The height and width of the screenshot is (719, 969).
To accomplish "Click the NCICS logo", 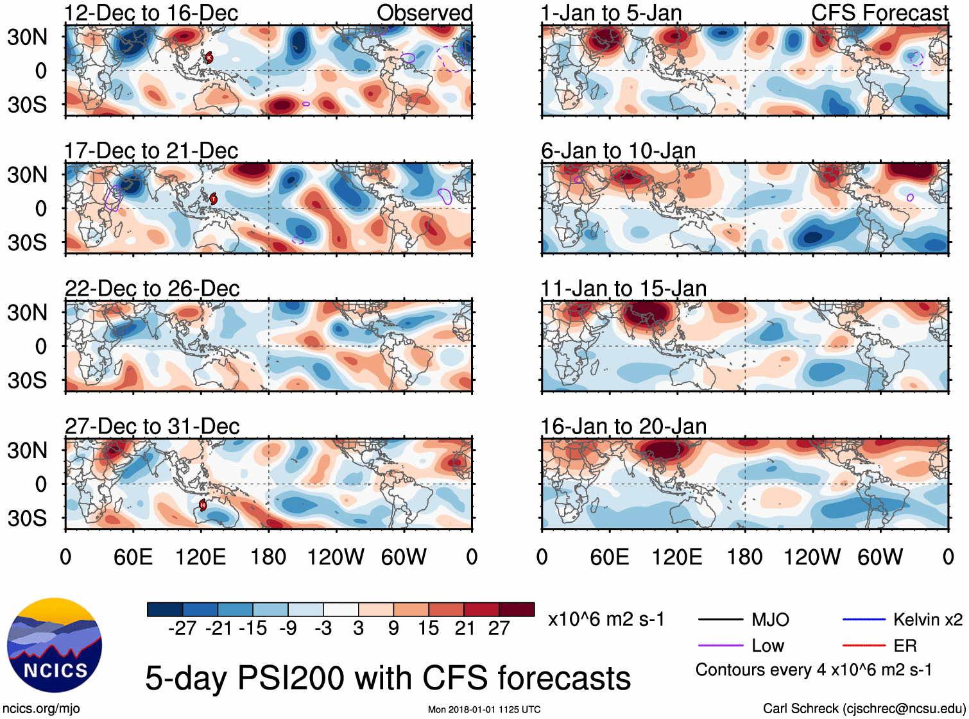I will tap(55, 645).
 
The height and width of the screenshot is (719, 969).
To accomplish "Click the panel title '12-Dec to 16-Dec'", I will tap(151, 13).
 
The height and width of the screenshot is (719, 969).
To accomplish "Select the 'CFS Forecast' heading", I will tap(879, 13).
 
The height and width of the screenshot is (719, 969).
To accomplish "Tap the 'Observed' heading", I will tap(424, 13).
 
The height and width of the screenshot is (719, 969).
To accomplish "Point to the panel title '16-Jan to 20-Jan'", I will tap(623, 427).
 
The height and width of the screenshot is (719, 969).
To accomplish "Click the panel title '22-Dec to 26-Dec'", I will tap(152, 289).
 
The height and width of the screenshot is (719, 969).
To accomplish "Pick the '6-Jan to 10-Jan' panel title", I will tap(618, 151).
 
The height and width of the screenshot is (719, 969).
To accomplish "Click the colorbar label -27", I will tap(182, 628).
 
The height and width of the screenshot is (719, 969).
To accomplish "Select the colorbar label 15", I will tap(428, 628).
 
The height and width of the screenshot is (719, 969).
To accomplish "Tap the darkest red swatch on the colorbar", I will tap(517, 609).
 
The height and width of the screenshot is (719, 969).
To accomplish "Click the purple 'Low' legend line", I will tap(720, 646).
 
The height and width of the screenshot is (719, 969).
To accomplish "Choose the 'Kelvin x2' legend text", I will tap(927, 620).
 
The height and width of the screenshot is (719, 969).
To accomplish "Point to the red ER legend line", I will tap(864, 646).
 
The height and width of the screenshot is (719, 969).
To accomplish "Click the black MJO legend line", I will tap(720, 620).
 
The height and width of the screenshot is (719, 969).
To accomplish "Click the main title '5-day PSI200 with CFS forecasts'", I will tap(388, 678).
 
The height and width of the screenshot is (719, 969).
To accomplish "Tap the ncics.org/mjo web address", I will tap(41, 709).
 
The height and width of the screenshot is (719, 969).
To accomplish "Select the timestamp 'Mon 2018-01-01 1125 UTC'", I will tap(484, 709).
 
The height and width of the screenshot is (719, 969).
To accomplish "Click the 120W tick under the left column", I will tap(336, 557).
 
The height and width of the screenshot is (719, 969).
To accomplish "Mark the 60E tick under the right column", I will tap(609, 557).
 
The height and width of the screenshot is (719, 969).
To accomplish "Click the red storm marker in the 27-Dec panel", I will tap(203, 505).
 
